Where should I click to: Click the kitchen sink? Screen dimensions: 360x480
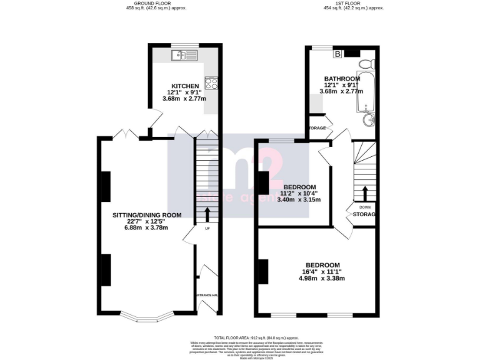186,56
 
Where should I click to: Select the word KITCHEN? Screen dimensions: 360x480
186,86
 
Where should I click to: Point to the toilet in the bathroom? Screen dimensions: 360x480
369,62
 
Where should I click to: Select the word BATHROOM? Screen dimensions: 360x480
342,79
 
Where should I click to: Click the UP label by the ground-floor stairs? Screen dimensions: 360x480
207,227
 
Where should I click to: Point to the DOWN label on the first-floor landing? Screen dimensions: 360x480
365,207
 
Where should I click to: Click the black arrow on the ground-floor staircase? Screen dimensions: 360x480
207,214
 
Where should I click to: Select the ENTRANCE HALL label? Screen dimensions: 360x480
206,294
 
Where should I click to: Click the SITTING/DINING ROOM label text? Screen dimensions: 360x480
147,215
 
